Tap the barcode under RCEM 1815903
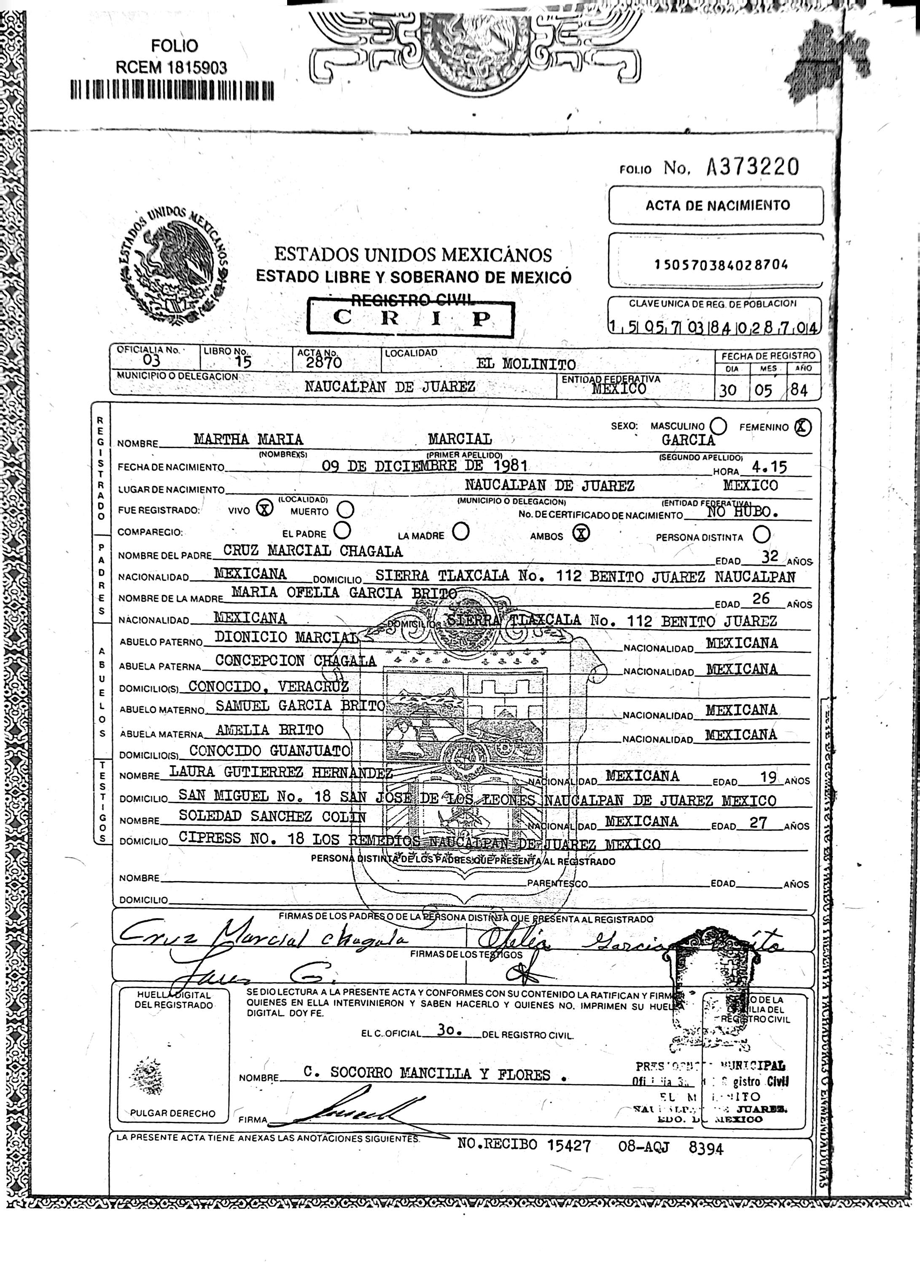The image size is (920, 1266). coord(172,90)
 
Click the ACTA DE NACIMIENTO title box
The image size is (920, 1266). coord(717,205)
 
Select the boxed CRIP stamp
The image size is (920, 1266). coord(410,318)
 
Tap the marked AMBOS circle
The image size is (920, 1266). coord(582,534)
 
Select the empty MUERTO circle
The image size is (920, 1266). coord(346,509)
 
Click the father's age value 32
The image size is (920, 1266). coord(770,556)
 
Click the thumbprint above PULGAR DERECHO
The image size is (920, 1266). coord(147,1071)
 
